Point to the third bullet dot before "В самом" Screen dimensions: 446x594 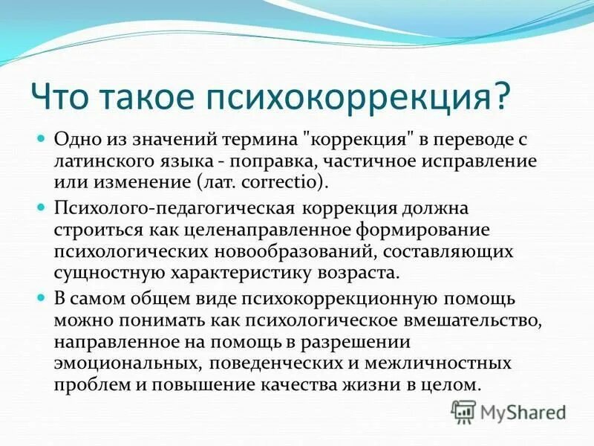42,297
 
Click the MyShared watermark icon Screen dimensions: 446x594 463,411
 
